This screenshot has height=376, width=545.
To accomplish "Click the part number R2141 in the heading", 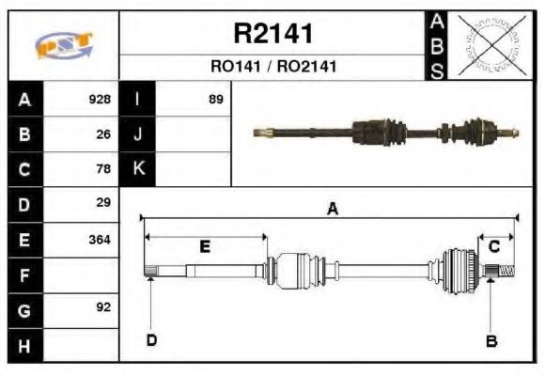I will (x=272, y=34).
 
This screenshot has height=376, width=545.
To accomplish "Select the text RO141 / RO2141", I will (x=272, y=67).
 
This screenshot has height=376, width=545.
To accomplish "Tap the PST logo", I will (x=63, y=45).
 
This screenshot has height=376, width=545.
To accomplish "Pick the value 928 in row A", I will (x=100, y=100).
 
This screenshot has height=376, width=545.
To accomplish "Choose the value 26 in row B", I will (x=103, y=134).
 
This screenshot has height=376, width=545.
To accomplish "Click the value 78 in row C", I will (x=103, y=169).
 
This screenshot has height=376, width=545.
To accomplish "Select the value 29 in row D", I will (x=103, y=202).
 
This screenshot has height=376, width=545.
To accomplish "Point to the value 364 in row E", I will (x=100, y=239).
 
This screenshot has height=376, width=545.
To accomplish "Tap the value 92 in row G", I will (x=103, y=307).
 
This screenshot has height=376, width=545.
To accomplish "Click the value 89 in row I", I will (x=215, y=100).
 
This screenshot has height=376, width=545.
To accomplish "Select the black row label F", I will (x=24, y=274).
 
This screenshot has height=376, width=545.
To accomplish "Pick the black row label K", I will (x=138, y=169).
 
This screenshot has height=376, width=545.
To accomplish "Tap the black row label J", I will (x=138, y=134).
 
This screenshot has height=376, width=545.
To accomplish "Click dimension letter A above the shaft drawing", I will (x=332, y=210).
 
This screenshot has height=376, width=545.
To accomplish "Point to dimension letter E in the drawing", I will (x=205, y=246).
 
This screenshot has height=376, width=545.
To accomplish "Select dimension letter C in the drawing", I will (x=494, y=246).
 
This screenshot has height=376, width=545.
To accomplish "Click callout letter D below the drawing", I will (x=151, y=340).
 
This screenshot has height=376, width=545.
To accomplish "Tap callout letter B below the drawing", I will (x=490, y=340).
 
